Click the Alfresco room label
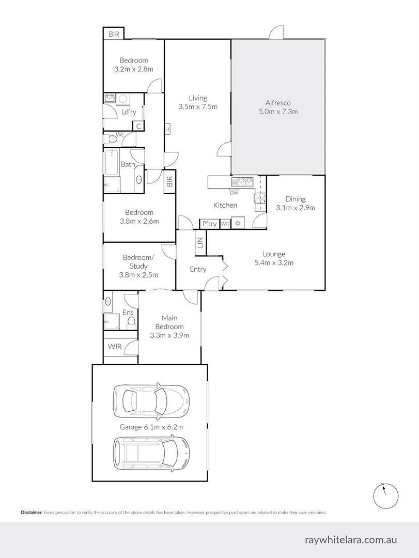278,103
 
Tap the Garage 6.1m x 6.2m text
151,427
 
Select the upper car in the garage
151,400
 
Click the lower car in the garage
151,453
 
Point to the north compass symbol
385,495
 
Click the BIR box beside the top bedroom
114,34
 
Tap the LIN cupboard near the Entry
200,242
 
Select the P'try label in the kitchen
209,224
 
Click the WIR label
115,346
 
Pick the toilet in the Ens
131,322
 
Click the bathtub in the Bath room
112,162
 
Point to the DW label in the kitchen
234,193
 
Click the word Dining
296,199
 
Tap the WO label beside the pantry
225,224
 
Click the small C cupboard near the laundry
138,126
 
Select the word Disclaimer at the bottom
32,513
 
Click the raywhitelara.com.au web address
351,539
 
